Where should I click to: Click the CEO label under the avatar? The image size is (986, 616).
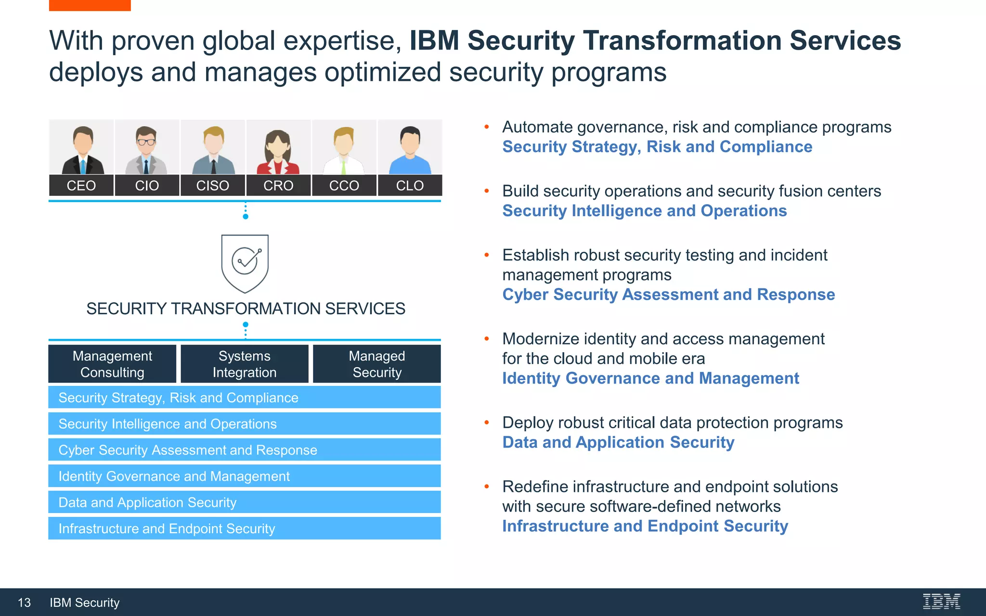point(81,186)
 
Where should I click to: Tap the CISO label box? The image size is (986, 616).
point(212,186)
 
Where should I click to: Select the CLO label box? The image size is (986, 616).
point(410,186)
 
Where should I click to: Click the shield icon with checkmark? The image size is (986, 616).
point(245,263)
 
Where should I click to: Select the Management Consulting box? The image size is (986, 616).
point(112,364)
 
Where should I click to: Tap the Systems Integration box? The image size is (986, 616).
point(245,364)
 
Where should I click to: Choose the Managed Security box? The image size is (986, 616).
point(377,364)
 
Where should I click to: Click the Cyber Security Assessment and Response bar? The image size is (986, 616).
point(245,450)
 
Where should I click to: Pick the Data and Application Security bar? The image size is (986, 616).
point(245,502)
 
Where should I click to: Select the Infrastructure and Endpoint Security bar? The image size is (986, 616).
point(245,528)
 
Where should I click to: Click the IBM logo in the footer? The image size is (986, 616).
point(941,602)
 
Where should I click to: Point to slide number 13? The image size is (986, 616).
point(24,603)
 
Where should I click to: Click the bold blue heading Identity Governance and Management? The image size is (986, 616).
point(650,378)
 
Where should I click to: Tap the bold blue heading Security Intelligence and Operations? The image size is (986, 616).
point(644,211)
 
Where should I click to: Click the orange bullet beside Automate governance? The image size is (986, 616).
point(487,127)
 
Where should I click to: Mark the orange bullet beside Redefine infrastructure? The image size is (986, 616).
point(487,487)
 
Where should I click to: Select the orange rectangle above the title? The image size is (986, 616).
point(90,5)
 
